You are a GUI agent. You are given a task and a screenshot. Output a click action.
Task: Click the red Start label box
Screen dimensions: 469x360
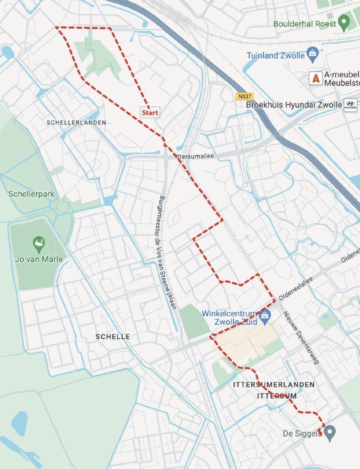[x=150, y=112]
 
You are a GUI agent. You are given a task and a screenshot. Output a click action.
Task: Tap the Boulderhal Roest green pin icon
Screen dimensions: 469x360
[x=344, y=22]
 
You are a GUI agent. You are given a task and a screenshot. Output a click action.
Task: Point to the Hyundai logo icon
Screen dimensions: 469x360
[x=350, y=105]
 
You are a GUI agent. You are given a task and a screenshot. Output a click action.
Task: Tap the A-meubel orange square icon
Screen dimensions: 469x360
[x=315, y=78]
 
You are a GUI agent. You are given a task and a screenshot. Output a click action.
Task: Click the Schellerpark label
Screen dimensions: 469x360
[x=32, y=194]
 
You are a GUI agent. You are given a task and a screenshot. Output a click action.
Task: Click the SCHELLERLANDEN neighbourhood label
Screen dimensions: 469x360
[x=76, y=123]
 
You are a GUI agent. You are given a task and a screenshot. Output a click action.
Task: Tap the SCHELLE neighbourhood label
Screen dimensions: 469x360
[x=113, y=337]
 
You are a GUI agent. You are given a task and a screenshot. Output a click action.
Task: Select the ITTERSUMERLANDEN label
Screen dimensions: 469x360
[x=274, y=384]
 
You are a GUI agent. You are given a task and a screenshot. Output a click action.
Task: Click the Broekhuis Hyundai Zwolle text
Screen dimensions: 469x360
[x=294, y=105]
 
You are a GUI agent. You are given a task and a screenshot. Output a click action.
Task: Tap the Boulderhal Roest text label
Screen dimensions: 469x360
[x=305, y=23]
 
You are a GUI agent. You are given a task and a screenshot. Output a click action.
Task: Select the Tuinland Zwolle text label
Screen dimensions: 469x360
[x=276, y=55]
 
